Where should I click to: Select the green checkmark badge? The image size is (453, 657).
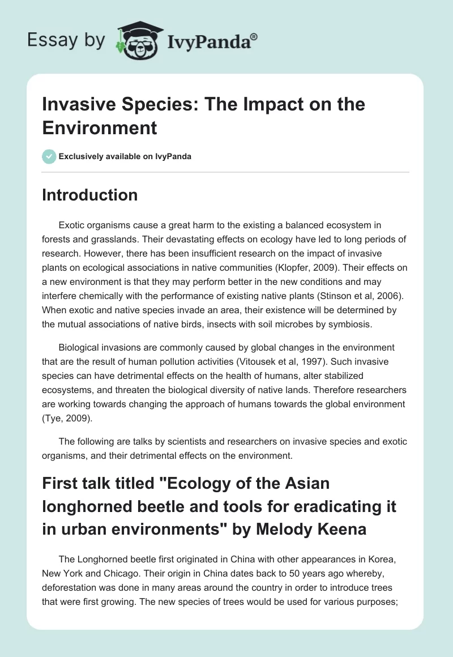49,156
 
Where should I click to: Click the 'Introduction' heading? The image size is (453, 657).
90,195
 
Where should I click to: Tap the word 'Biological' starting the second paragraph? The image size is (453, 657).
80,347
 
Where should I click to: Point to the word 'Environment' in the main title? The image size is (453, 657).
99,127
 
